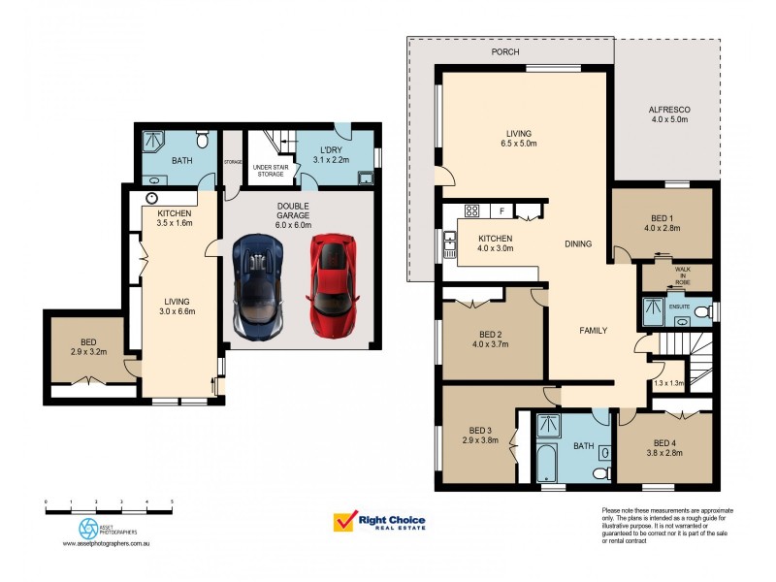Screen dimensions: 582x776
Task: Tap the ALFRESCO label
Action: click(668, 110)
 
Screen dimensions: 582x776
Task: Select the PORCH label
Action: click(505, 51)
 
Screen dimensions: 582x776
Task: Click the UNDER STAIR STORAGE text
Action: click(269, 171)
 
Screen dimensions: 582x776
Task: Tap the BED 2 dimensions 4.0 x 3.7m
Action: click(490, 344)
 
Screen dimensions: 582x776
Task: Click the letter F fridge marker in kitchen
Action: click(502, 210)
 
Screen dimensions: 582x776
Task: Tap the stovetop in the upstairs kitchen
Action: click(472, 210)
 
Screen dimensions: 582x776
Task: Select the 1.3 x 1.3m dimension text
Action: click(669, 383)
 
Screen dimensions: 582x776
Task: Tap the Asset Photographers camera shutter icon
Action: click(88, 527)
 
